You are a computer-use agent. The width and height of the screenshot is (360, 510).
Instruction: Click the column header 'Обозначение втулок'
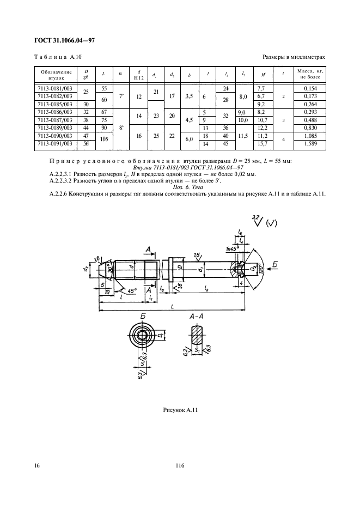pos(52,75)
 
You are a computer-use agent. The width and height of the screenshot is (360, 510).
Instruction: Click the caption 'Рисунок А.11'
pos(180,409)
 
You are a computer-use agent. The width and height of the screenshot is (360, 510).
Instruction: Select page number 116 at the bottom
pos(180,465)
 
